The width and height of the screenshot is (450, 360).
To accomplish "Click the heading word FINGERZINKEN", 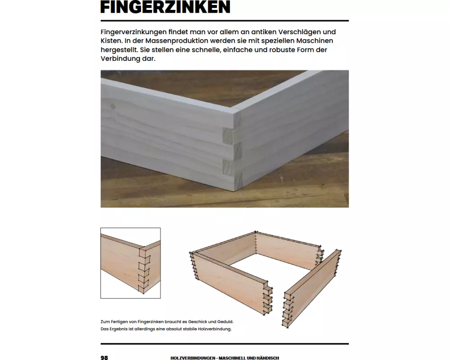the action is pyautogui.click(x=165, y=7).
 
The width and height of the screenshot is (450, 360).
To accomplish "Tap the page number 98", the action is pyautogui.click(x=104, y=357).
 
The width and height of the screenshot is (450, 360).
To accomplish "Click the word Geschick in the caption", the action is pyautogui.click(x=197, y=322).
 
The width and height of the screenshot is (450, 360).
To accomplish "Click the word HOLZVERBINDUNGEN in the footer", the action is pyautogui.click(x=193, y=358).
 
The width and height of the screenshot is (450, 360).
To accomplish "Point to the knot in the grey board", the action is pyautogui.click(x=113, y=107).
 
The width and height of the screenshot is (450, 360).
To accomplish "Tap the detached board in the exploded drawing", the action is pyautogui.click(x=313, y=288).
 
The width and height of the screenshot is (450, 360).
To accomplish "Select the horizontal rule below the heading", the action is pyautogui.click(x=225, y=21).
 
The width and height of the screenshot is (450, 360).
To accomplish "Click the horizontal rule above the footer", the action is pyautogui.click(x=225, y=344).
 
